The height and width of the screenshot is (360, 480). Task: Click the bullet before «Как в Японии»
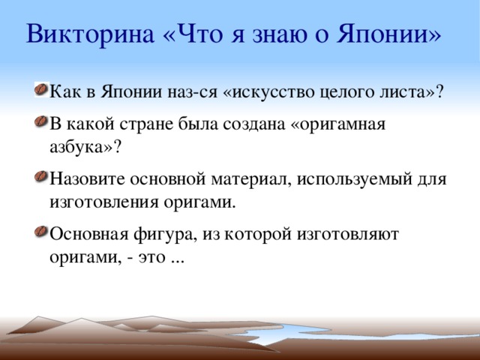click(x=39, y=90)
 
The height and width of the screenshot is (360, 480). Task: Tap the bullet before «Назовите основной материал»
click(x=39, y=179)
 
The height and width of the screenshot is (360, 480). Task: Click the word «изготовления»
click(x=97, y=202)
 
